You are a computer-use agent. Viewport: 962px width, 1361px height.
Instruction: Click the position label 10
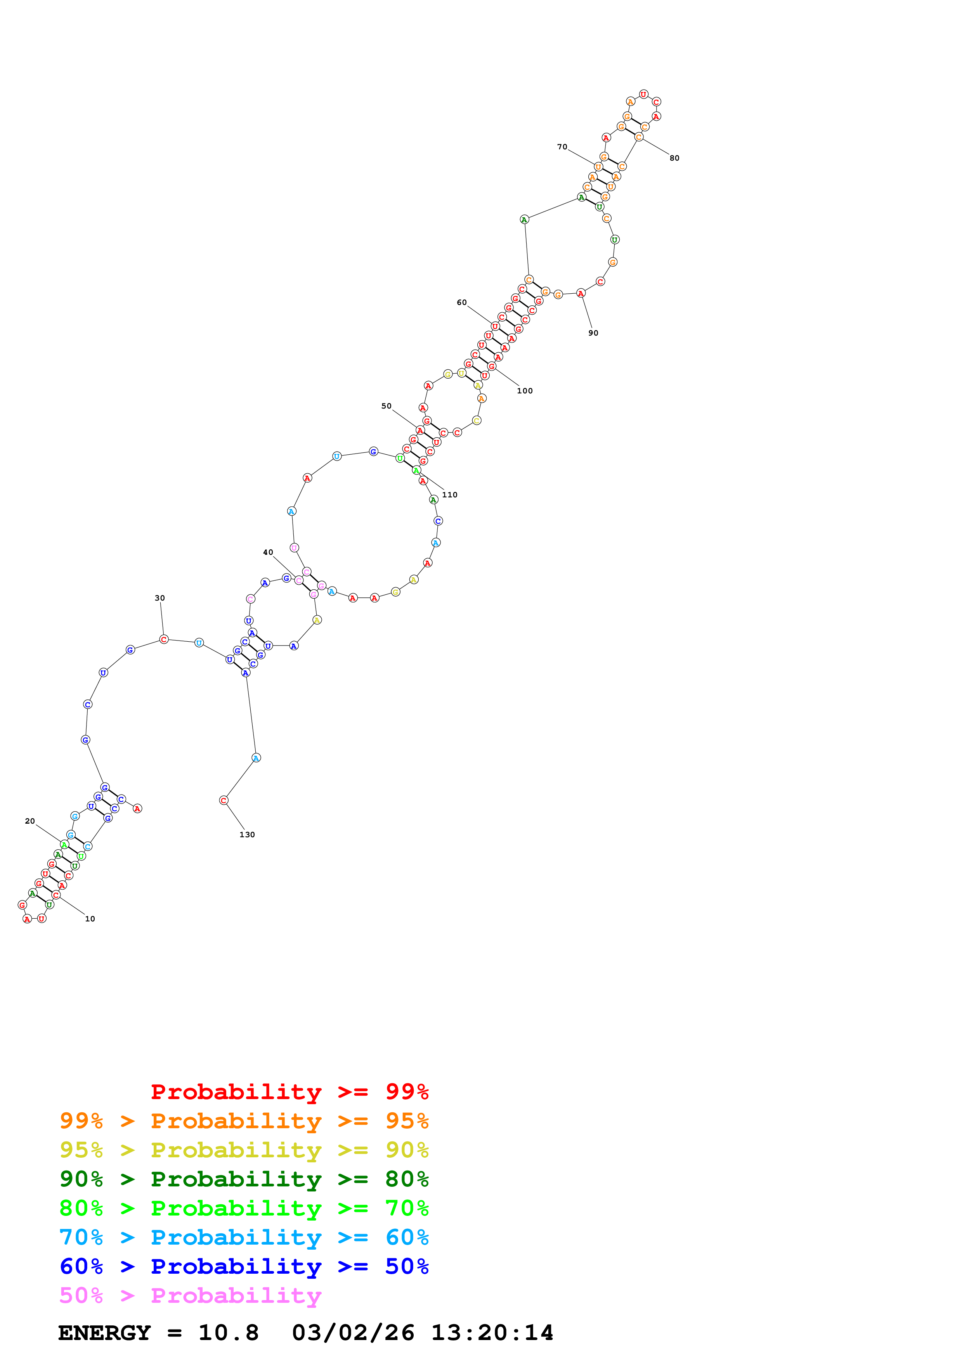point(90,919)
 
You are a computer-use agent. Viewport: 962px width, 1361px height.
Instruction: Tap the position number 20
point(29,821)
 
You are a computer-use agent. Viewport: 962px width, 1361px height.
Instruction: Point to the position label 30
point(159,598)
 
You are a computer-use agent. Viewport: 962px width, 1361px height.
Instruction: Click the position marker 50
point(387,406)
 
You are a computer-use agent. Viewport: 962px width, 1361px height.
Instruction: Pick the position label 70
point(562,147)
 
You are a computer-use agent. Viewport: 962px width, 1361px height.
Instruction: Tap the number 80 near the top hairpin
point(674,158)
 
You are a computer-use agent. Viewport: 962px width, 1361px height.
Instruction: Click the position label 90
point(593,333)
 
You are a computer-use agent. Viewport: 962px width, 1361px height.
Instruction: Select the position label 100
point(525,391)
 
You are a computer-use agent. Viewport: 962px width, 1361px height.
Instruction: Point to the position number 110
point(450,495)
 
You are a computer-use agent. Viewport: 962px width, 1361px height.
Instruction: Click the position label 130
point(247,835)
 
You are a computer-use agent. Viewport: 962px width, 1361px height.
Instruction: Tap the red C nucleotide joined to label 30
point(164,639)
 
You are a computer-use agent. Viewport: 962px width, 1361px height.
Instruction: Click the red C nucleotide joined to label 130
point(224,800)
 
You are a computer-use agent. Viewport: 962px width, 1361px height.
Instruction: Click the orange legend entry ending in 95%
point(244,1121)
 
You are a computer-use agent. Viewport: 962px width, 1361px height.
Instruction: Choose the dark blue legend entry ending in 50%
point(244,1266)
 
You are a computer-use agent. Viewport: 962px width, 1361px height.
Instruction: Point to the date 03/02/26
point(353,1333)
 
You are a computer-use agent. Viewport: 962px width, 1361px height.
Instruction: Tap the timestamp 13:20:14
point(492,1333)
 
